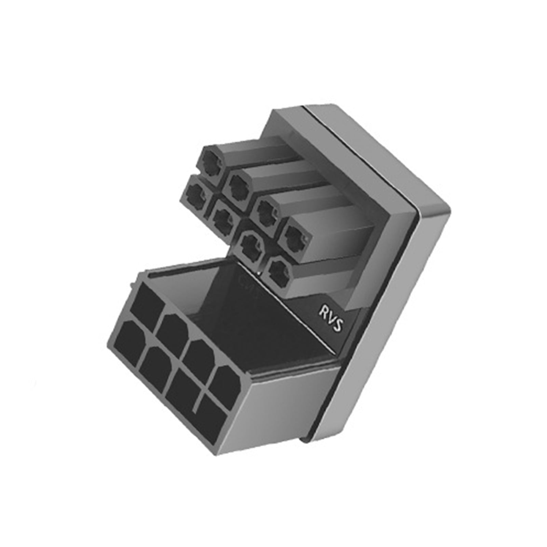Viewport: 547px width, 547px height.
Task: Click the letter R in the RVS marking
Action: tap(323, 312)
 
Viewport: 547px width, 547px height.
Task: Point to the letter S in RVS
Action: tap(337, 325)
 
